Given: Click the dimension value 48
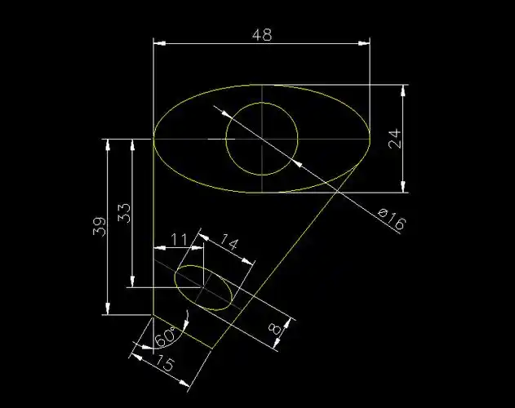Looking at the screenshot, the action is click(x=262, y=35).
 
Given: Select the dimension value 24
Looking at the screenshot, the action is click(x=395, y=139).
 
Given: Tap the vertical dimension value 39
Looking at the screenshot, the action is click(x=100, y=226).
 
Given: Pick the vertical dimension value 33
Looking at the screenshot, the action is click(x=124, y=214).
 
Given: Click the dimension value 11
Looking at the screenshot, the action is click(x=179, y=239).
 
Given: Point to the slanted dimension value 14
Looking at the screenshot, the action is click(x=229, y=242).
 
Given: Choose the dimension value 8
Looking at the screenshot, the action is click(x=275, y=329).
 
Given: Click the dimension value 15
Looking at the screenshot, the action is click(x=164, y=362).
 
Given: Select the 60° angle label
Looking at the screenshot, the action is click(x=166, y=336).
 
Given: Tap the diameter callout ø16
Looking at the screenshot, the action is click(x=393, y=220).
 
